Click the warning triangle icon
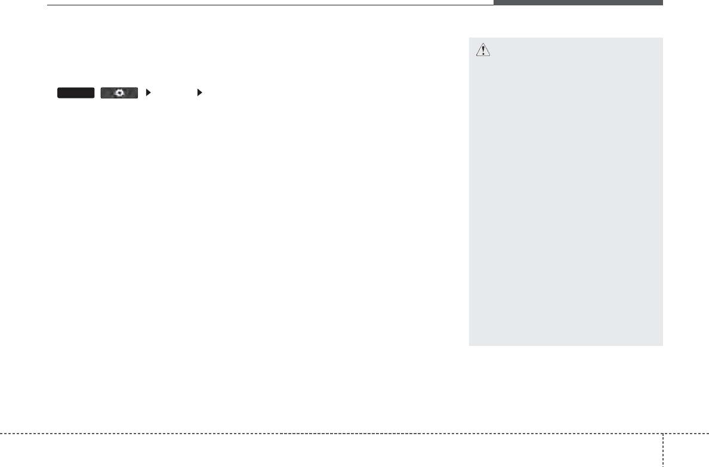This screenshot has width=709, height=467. point(483,51)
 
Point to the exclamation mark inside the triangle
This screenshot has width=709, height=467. point(483,52)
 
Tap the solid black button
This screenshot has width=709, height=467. point(76,92)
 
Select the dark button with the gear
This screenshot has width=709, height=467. point(119,92)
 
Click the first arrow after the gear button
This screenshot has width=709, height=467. point(148,92)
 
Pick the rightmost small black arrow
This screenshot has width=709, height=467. point(199,92)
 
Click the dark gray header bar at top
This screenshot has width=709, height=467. point(578,3)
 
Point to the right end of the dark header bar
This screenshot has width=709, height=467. point(661,3)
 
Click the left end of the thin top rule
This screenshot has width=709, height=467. point(48,5)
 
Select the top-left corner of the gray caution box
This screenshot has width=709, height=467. point(470,38)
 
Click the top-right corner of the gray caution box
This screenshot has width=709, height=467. point(662,38)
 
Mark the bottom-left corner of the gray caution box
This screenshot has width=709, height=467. point(470,345)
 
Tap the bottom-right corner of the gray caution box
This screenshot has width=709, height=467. point(662,345)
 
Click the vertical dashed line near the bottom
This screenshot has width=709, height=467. point(662,450)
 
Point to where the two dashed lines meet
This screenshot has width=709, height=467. point(662,434)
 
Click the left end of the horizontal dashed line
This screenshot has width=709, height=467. point(2,434)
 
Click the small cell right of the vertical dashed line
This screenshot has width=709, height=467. point(686,450)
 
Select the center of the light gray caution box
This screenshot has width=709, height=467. point(566,192)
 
